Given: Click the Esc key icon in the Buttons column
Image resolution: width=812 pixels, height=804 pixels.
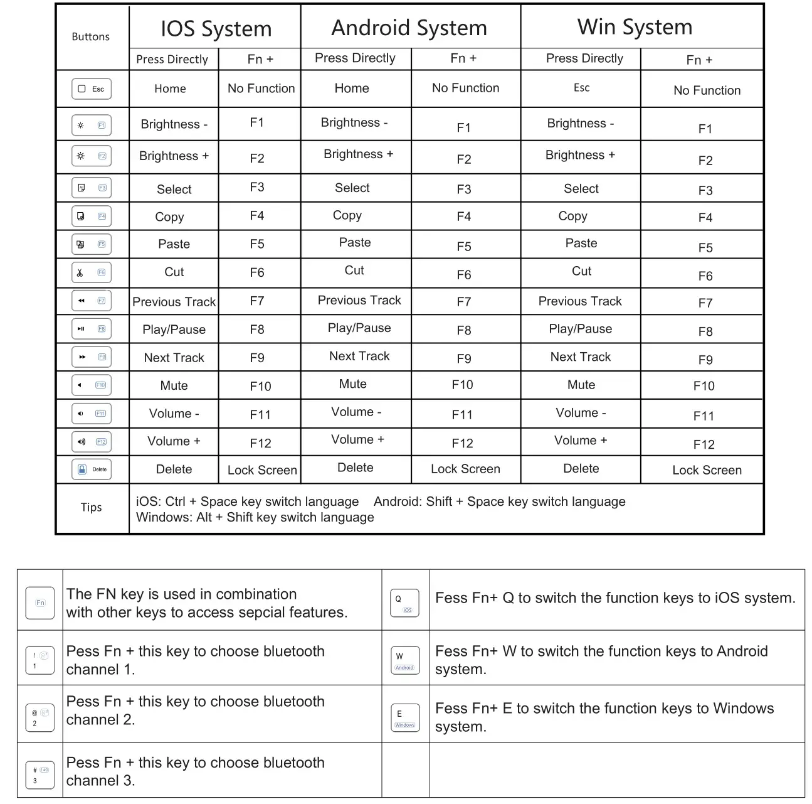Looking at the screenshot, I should click(92, 89).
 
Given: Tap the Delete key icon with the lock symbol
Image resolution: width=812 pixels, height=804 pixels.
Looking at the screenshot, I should click(92, 469).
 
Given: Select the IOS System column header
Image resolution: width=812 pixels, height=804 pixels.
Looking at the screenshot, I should click(216, 29).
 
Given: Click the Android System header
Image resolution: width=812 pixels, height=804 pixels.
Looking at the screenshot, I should click(409, 28).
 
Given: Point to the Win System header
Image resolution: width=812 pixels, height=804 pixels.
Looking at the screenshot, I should click(635, 27).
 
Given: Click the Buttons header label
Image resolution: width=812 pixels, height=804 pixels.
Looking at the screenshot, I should click(90, 37).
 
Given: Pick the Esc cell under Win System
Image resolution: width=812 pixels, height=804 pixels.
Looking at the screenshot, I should click(581, 88).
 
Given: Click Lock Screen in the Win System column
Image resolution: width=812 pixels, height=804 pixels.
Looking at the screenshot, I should click(707, 470).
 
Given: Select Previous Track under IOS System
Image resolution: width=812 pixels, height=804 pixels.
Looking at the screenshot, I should click(174, 302).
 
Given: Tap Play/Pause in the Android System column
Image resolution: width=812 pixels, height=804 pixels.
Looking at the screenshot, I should click(359, 328).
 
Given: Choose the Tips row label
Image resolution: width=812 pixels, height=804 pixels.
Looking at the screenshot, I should click(91, 507).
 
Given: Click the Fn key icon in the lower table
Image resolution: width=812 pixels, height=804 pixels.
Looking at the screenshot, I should click(40, 603).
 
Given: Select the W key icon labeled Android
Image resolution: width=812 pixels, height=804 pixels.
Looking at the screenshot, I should click(404, 660).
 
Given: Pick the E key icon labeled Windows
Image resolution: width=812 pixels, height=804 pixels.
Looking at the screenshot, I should click(404, 717).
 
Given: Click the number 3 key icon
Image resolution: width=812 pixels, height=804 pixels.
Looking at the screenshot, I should click(40, 775).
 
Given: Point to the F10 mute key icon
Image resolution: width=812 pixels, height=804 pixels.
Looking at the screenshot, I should click(92, 385).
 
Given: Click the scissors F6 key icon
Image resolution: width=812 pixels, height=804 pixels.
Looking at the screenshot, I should click(92, 273).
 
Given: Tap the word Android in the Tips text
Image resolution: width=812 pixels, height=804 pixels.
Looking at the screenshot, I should click(398, 501).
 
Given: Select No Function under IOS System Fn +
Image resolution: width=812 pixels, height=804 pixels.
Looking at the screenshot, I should click(261, 88).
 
